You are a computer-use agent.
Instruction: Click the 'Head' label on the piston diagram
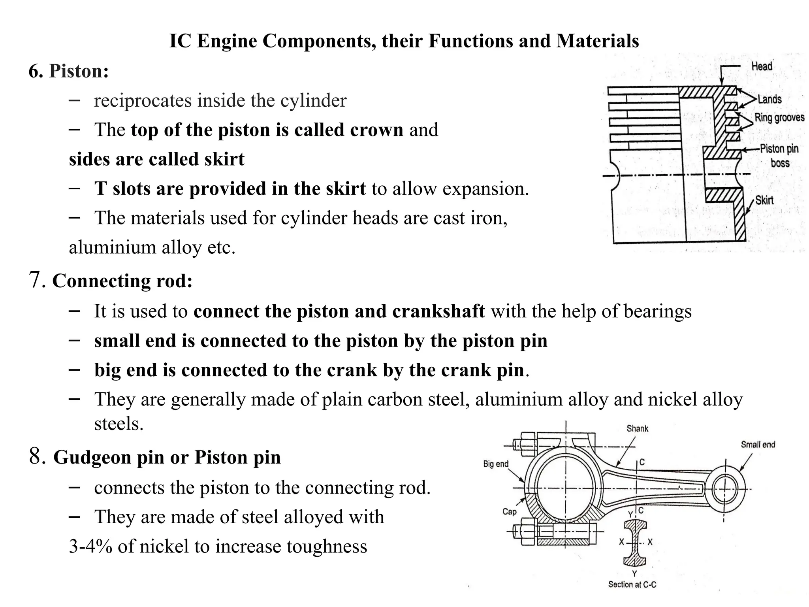[761, 66]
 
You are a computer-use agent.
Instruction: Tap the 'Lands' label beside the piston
[769, 99]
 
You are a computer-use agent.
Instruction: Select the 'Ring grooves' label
[779, 117]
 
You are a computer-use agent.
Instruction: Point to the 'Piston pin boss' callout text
[779, 156]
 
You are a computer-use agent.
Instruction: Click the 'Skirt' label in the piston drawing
[764, 200]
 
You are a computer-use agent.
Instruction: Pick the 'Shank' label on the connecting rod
[637, 428]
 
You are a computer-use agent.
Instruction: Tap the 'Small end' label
[758, 445]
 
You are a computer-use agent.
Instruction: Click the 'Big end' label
[495, 464]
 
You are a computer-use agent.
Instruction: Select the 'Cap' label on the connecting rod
[509, 512]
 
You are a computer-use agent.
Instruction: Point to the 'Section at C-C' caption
[632, 584]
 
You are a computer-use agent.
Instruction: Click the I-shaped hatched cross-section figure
[635, 543]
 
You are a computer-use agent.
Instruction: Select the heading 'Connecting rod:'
[122, 281]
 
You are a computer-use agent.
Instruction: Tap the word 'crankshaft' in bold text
[438, 311]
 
